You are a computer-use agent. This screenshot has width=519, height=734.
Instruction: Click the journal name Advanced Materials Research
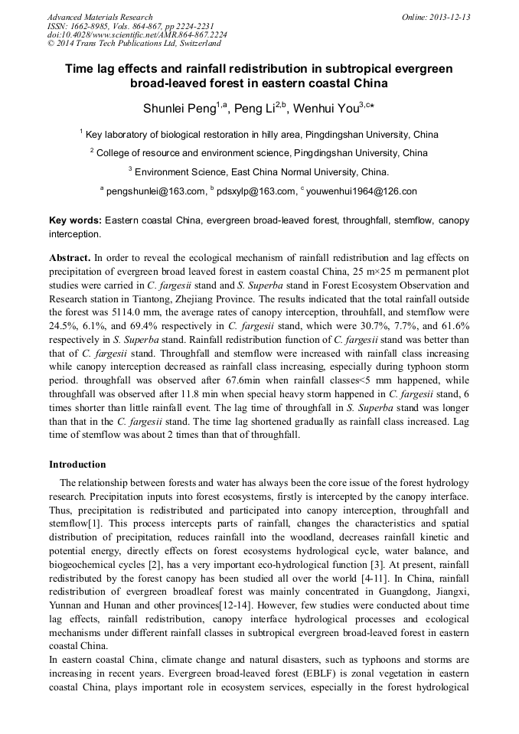[100, 17]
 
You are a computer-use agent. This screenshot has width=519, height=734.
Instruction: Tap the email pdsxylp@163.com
[256, 191]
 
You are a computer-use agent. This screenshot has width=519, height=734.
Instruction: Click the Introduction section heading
[77, 465]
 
